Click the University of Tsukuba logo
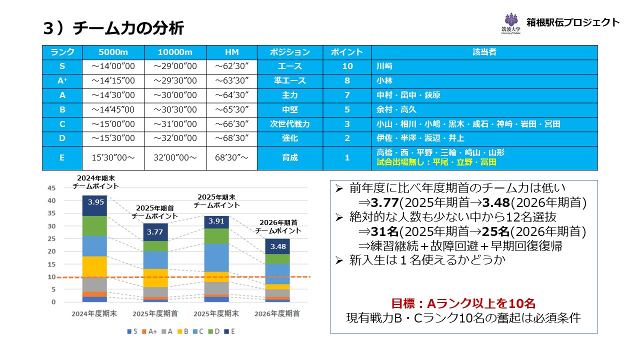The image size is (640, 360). click(511, 23)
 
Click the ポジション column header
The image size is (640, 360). click(289, 52)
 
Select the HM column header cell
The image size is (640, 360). click(231, 52)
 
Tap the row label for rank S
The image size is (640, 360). click(62, 66)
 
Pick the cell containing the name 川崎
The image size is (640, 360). click(384, 66)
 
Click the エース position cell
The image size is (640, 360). click(289, 66)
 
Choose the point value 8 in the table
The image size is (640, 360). click(347, 80)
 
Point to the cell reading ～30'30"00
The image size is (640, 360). click(175, 109)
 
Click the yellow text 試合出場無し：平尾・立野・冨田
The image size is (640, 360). click(436, 162)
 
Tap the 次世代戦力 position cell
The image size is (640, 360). click(289, 124)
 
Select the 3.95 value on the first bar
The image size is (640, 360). click(95, 202)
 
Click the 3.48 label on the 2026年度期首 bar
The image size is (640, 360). click(277, 246)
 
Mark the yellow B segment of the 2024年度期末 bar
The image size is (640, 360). click(95, 266)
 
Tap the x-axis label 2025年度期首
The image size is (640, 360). click(156, 314)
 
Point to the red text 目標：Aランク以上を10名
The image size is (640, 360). click(463, 303)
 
